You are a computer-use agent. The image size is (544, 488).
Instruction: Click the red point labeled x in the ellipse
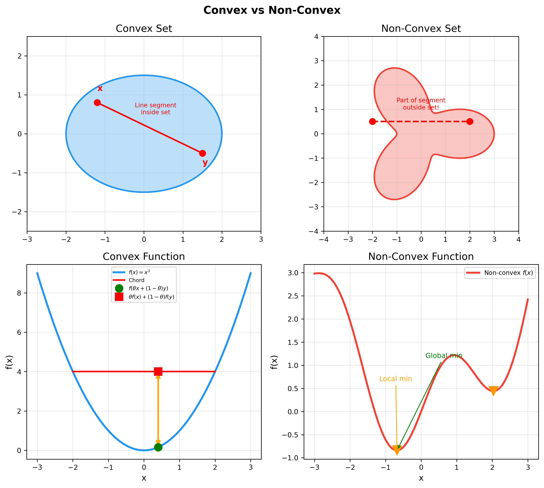click(97, 103)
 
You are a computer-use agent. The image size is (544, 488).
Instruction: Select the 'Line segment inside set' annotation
click(155, 109)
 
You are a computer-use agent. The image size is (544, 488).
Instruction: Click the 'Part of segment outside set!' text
click(421, 104)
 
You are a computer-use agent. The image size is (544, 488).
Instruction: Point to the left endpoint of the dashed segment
click(372, 121)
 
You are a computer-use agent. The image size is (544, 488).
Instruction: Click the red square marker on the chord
click(158, 371)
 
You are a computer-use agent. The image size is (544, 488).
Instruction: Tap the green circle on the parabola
click(158, 447)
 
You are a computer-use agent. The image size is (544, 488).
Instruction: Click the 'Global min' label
click(444, 356)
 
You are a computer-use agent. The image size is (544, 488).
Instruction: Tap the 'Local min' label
click(396, 379)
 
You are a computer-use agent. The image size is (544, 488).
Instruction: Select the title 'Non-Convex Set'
click(421, 29)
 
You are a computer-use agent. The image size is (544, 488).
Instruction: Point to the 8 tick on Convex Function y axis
click(19, 293)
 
